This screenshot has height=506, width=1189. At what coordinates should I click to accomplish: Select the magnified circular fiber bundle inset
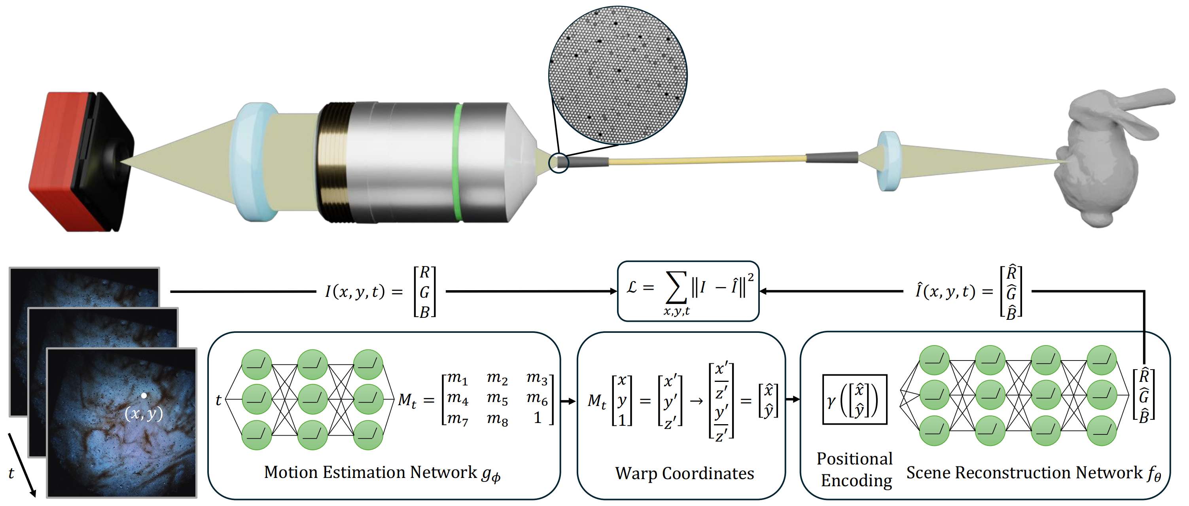[617, 75]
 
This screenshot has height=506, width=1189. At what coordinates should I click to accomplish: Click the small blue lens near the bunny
[888, 161]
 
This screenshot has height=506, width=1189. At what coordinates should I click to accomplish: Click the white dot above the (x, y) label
[144, 395]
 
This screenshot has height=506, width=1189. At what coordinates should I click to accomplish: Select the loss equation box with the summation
[688, 291]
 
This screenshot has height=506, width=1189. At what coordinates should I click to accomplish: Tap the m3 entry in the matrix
[537, 379]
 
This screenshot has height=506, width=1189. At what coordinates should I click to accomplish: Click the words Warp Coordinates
[684, 473]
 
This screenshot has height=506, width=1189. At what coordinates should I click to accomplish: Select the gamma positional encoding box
[854, 399]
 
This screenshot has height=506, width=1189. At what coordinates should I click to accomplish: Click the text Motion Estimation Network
[370, 472]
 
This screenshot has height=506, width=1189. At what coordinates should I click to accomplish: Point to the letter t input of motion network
[218, 400]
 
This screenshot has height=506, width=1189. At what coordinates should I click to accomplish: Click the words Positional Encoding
[855, 469]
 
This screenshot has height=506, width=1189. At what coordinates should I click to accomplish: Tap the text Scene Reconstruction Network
[1024, 472]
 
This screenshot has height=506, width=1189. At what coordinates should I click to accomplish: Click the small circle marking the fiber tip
[559, 163]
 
